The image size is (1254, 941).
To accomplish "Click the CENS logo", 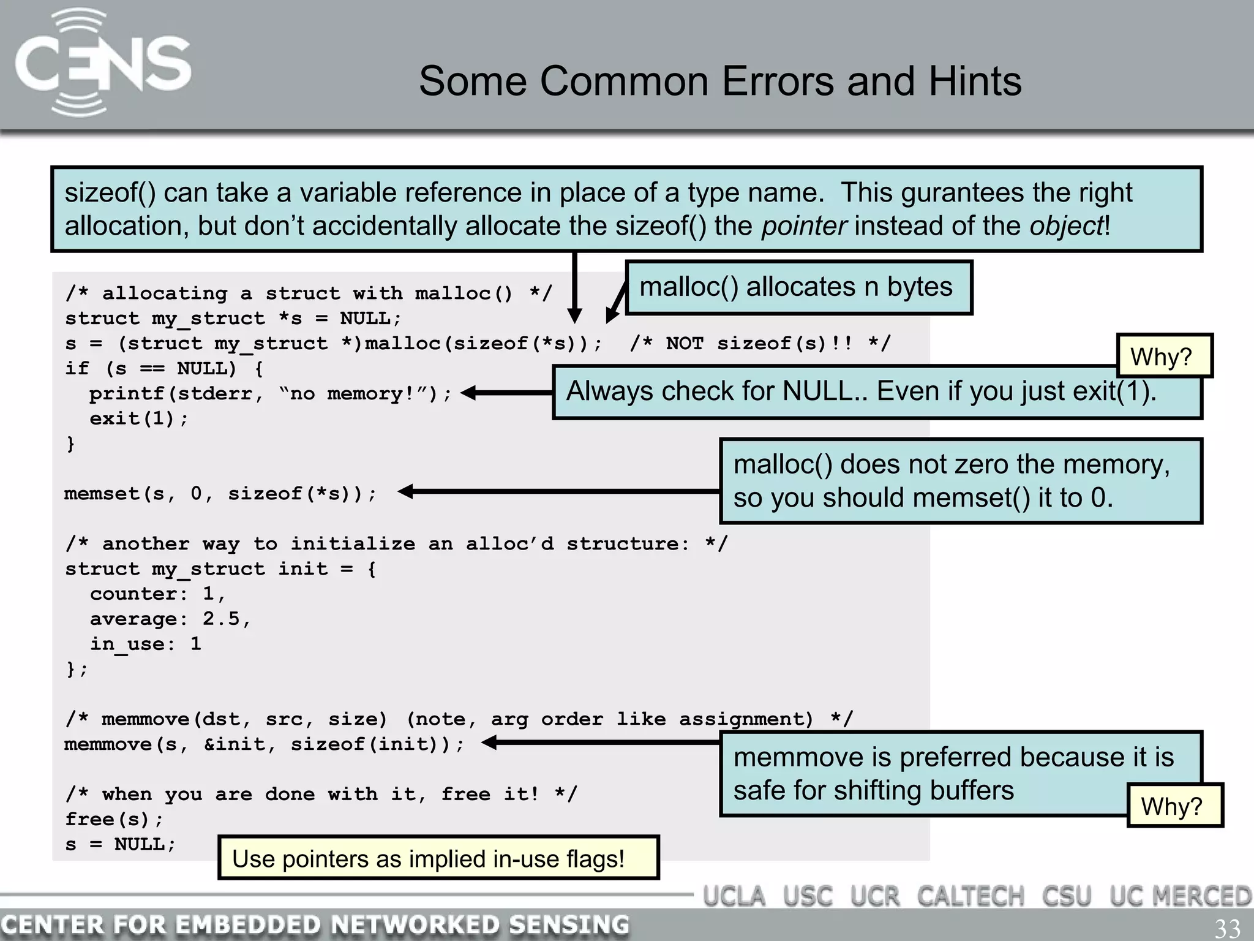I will pos(103,63).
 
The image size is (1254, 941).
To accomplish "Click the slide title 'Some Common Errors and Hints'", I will pos(720,81).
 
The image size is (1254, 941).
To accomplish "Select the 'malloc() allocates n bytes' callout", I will pos(798,287).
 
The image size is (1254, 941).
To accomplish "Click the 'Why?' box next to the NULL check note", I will pos(1163,356).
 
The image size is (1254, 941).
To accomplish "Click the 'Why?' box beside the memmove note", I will pos(1173,806).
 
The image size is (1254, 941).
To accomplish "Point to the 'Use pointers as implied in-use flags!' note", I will pos(437,858).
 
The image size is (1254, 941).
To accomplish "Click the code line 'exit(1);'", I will pos(139,418).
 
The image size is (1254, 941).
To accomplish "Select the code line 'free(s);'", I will pos(115,819).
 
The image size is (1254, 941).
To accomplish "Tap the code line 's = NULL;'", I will pos(121,844).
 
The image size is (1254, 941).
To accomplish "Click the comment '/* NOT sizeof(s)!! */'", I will pos(760,343).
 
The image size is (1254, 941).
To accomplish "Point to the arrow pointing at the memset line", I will pos(557,491).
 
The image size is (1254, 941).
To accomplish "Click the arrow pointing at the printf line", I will pos(506,393).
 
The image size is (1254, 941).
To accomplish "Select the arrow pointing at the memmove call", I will pos(600,743).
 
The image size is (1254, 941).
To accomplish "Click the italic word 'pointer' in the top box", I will pos(804,226).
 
